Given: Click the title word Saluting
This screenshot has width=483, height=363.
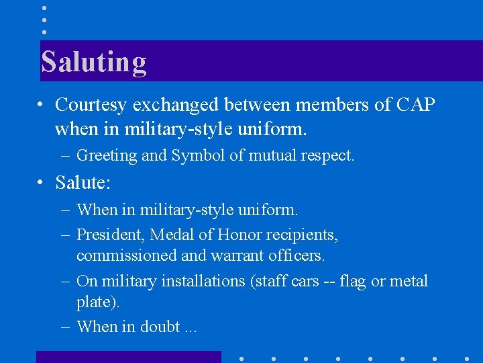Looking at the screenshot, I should tap(93, 62).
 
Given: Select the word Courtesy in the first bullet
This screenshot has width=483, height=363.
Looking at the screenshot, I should tap(91, 105).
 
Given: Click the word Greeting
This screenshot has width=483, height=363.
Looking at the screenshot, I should tap(106, 156).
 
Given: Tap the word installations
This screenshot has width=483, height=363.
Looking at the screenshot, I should tap(203, 281).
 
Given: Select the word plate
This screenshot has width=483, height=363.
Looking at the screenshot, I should tap(97, 302).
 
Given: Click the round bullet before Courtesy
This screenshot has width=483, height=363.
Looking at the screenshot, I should tap(42, 105).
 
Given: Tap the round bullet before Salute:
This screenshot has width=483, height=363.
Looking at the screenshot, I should tap(42, 182).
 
